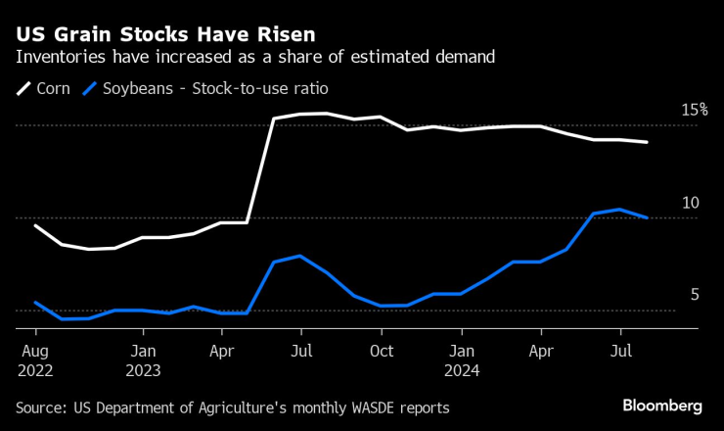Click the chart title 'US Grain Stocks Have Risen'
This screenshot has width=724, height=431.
tap(151, 32)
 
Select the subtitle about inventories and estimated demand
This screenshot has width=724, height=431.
tap(254, 57)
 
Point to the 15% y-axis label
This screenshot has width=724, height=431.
tap(694, 110)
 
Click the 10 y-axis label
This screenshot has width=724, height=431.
tap(690, 203)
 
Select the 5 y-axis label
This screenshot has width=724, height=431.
tap(695, 294)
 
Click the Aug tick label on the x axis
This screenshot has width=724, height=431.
tap(34, 350)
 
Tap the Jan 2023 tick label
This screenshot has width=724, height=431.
tap(143, 350)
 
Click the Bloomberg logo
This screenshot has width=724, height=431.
tap(662, 406)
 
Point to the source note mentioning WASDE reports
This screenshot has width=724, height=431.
tap(233, 407)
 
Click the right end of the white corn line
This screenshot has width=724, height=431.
tap(647, 142)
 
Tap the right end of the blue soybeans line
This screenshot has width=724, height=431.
tap(647, 217)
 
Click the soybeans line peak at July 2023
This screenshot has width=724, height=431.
tap(299, 256)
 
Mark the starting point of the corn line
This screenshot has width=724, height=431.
tap(35, 225)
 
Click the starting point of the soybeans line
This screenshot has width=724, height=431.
tap(35, 303)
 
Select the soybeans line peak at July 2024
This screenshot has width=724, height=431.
tap(620, 210)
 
